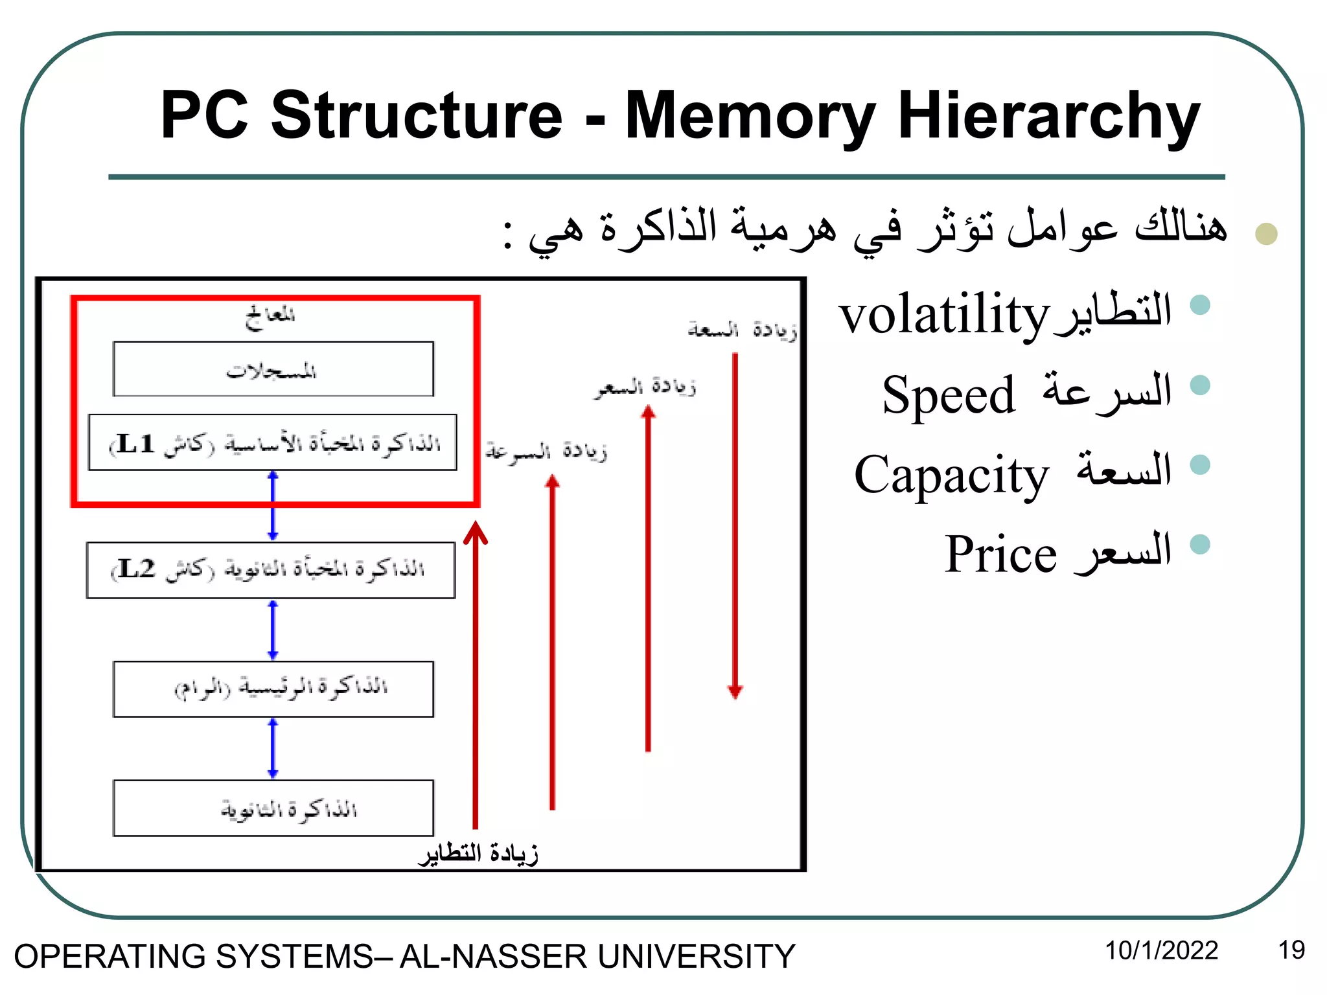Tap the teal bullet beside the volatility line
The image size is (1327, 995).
click(1200, 304)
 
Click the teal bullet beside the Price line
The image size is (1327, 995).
click(1200, 544)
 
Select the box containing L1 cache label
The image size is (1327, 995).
click(272, 442)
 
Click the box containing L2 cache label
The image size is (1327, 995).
click(271, 570)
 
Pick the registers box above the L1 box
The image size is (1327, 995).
click(273, 369)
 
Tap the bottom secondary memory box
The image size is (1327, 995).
click(273, 808)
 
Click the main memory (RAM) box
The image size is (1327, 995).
click(273, 689)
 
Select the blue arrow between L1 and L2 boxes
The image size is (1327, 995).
click(273, 506)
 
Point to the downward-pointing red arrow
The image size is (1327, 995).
click(735, 525)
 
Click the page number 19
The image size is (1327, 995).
click(1291, 950)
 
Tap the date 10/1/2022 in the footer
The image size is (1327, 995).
click(1161, 950)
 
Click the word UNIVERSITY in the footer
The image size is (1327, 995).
click(695, 957)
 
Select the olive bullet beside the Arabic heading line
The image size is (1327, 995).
click(1265, 234)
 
